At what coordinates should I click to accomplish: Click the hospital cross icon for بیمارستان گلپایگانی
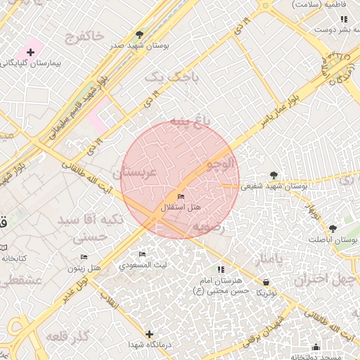click(x=31, y=52)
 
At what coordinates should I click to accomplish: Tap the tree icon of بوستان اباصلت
click(x=333, y=229)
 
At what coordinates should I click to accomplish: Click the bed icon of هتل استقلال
click(x=181, y=196)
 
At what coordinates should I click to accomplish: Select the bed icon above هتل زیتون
click(x=84, y=257)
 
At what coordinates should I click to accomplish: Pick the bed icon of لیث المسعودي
click(x=143, y=254)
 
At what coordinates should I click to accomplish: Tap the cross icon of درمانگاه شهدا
click(x=148, y=334)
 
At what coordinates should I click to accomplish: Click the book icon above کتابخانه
click(x=4, y=247)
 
